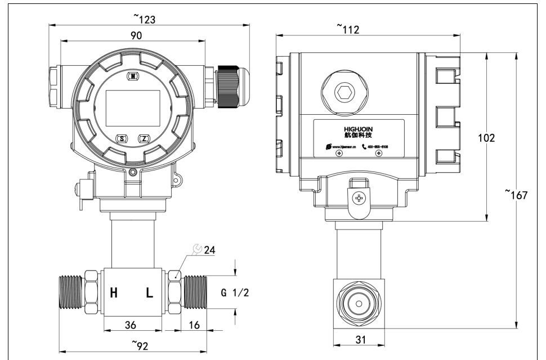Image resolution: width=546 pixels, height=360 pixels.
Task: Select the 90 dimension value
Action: tap(136, 34)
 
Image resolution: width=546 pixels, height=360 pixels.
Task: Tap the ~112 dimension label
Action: tap(347, 28)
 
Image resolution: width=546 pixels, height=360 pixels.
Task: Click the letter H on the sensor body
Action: tap(113, 293)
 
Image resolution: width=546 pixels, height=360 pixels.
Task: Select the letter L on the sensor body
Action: tap(149, 293)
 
